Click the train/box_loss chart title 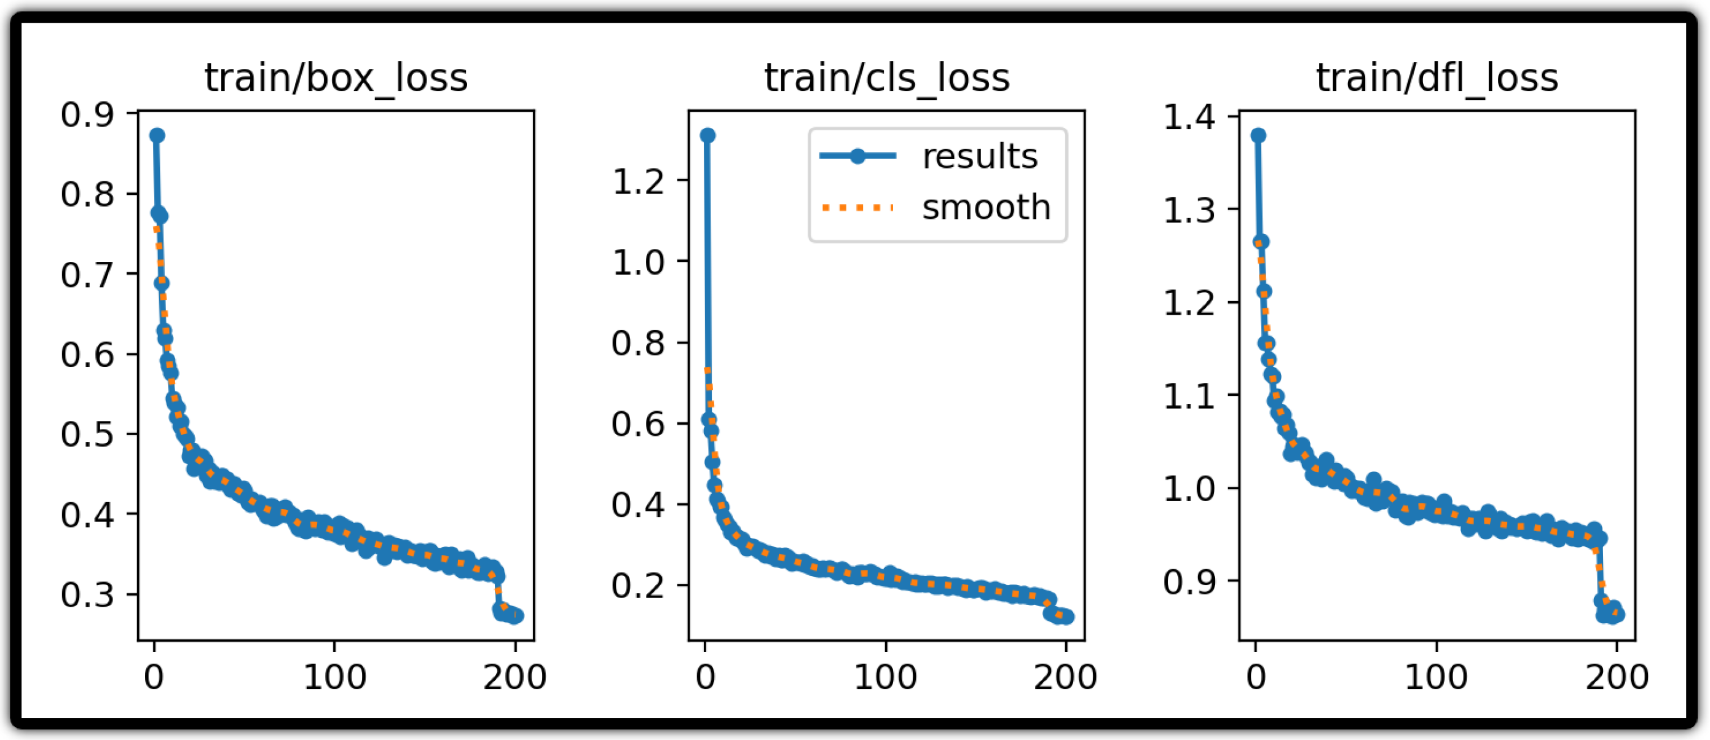336,78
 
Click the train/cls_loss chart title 887,78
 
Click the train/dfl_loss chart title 1437,78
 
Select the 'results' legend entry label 980,157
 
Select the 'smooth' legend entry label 987,208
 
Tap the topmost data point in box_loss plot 157,135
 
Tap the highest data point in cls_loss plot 707,135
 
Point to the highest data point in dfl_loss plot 1258,135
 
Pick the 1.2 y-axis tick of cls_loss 638,181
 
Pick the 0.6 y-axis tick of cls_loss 638,423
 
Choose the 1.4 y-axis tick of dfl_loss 1189,117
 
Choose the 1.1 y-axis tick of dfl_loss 1189,396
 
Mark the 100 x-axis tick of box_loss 334,677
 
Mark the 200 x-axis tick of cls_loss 1065,677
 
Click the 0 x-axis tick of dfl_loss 1255,677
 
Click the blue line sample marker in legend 857,157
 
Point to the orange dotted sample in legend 857,208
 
